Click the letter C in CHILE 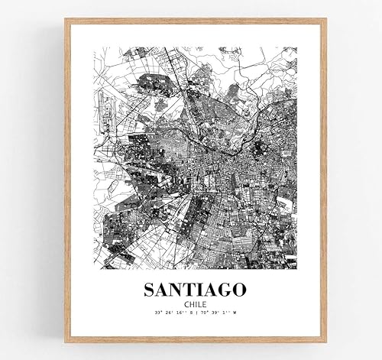tap(184, 303)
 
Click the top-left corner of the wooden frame tap(66, 21)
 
